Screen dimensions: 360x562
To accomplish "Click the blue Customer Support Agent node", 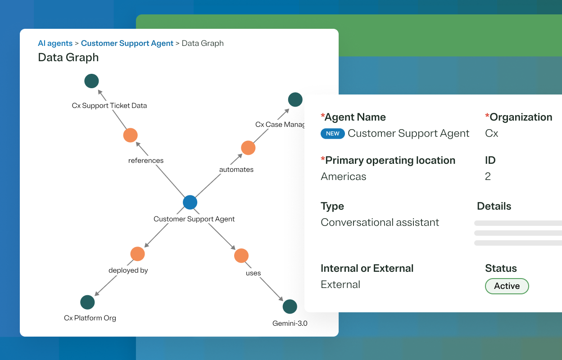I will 190,202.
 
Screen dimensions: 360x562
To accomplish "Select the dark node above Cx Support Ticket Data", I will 91,81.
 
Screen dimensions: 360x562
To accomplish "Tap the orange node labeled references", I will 130,135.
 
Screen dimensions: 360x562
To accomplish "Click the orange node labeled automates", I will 248,148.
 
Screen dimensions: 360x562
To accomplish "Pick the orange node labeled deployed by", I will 137,254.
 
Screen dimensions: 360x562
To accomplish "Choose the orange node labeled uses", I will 241,256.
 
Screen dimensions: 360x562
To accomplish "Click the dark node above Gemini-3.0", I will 290,307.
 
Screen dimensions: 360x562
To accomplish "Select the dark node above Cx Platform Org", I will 87,302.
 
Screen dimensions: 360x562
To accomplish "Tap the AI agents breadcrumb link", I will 55,43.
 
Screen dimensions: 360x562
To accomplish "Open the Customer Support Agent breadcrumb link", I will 127,43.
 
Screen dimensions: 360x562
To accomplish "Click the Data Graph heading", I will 68,58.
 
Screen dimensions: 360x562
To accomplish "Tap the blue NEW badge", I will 333,134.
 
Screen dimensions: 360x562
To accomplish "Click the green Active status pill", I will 507,286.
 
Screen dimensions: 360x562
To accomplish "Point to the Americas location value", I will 343,176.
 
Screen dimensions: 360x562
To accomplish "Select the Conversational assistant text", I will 380,222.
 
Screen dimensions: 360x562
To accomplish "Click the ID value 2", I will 488,176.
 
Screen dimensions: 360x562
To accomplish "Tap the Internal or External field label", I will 367,268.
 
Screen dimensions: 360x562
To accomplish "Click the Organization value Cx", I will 491,134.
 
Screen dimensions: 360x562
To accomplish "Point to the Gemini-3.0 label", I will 290,323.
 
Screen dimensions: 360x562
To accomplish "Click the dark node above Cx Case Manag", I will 295,99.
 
